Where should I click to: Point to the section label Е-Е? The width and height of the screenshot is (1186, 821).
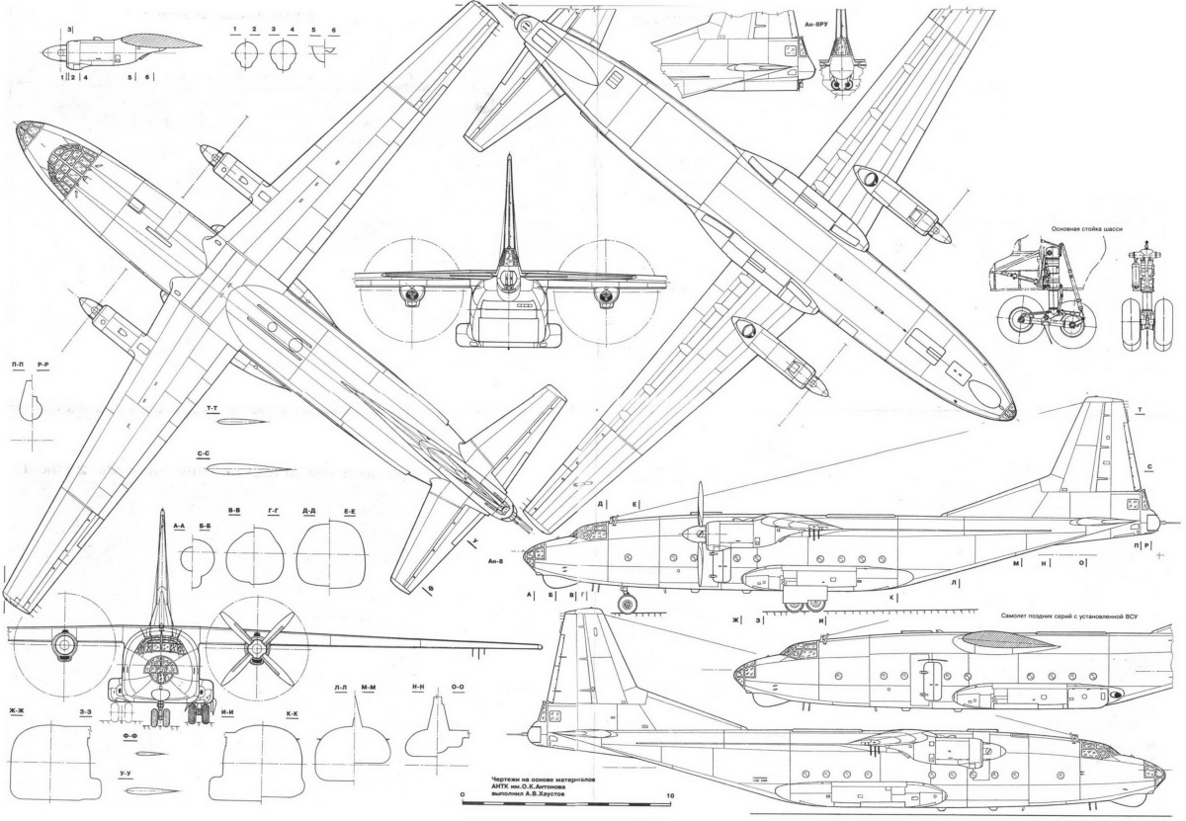tap(349, 511)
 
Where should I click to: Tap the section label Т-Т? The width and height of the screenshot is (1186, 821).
tap(212, 408)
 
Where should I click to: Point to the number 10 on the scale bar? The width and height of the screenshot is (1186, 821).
tap(671, 795)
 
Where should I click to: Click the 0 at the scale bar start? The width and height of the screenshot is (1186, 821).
tap(462, 795)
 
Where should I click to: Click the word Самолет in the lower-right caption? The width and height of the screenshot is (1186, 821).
tap(1022, 616)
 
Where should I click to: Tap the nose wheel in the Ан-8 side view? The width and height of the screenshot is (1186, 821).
tap(625, 603)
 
